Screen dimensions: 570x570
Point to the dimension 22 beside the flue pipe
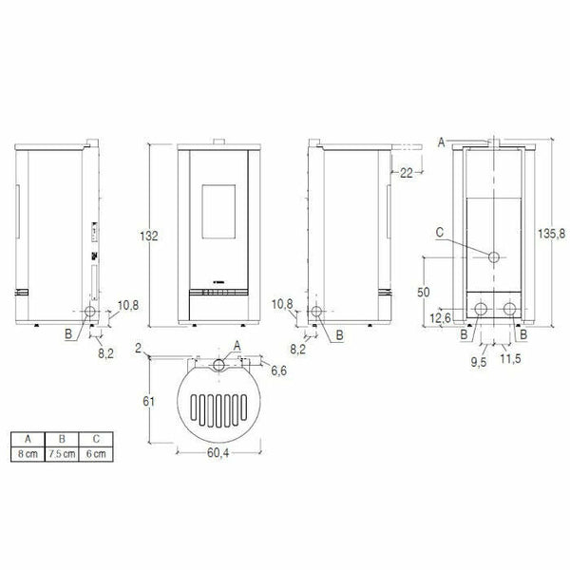(x=406, y=172)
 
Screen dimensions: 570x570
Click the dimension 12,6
(x=440, y=317)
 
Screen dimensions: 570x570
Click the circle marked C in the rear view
(x=495, y=257)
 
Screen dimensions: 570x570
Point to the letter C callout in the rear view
(x=439, y=231)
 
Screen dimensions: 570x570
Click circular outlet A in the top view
(x=219, y=365)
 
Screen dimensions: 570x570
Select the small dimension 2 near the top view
(x=139, y=349)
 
